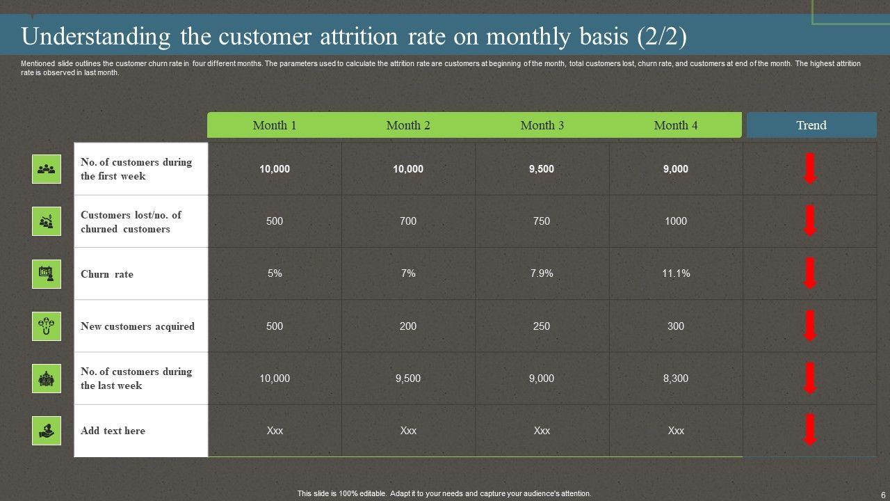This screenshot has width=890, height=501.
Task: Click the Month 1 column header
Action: tap(275, 125)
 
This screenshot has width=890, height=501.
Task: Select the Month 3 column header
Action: tap(542, 125)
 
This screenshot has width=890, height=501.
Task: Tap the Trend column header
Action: tap(811, 125)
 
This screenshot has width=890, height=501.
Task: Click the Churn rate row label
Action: tap(107, 274)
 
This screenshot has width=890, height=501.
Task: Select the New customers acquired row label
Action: tap(138, 326)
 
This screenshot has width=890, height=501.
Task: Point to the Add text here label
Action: tap(113, 431)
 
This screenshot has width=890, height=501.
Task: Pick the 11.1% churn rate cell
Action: tap(676, 273)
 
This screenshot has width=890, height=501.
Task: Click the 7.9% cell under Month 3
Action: tap(542, 273)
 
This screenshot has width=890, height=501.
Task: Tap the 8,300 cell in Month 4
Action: tap(676, 379)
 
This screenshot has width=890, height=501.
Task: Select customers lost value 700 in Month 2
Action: tap(408, 221)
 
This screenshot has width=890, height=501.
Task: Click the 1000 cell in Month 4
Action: tap(676, 221)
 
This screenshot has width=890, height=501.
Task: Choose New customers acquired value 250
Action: tap(542, 326)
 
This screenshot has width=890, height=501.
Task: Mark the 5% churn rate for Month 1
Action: tap(275, 273)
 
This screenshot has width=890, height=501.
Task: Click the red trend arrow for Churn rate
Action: tap(810, 273)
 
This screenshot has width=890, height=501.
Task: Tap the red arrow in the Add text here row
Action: tap(810, 429)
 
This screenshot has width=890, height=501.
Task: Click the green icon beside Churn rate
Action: tap(47, 273)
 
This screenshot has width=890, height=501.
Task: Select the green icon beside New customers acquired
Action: tap(47, 326)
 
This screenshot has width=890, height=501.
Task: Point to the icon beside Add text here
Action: tap(47, 431)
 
